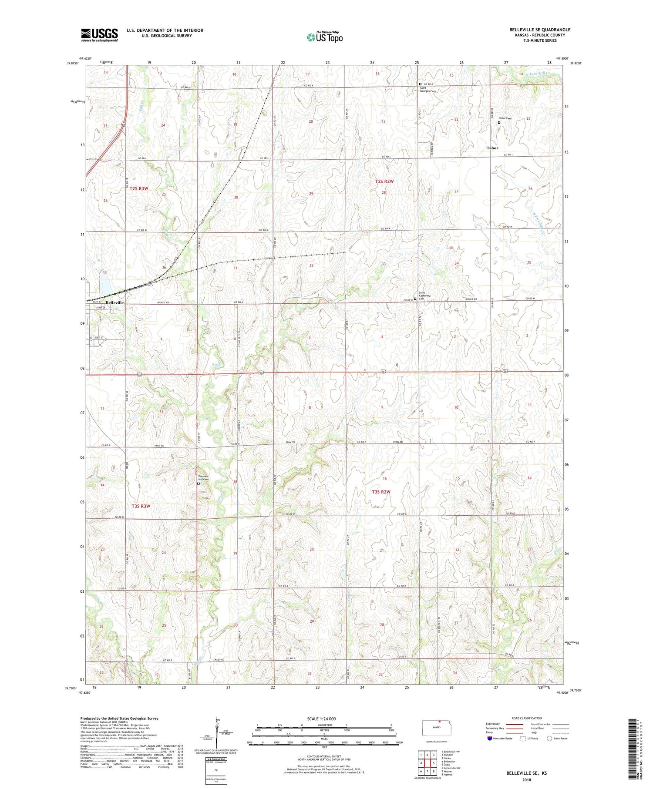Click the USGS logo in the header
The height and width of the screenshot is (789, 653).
99,35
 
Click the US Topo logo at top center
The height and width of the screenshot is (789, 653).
325,37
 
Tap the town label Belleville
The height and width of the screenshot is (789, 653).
115,302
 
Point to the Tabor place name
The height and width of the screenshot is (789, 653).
492,148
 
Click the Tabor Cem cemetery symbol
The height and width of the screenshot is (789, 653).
499,123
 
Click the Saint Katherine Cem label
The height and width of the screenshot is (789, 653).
424,295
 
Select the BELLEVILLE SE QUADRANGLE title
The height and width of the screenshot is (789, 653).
539,30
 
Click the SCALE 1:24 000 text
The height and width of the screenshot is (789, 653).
322,718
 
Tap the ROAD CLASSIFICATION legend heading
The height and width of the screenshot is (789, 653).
527,718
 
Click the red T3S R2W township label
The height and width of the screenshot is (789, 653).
381,492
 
